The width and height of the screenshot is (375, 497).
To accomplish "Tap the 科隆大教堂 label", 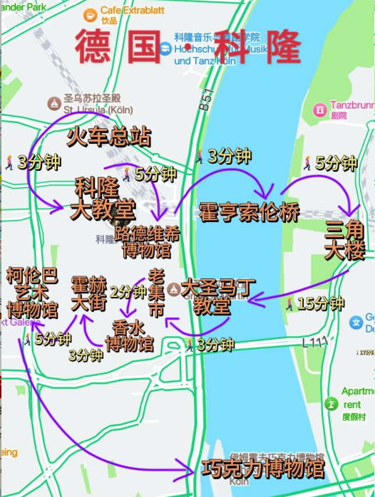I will click(104, 199).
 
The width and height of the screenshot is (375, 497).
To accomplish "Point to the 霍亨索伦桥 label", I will click(249, 211).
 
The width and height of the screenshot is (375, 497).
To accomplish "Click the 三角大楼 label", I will click(344, 241).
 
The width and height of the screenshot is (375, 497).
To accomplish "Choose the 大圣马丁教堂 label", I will click(217, 298).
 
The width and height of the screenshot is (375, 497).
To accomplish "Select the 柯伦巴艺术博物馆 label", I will click(31, 293).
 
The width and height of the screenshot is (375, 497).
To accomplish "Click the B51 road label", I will click(205, 105).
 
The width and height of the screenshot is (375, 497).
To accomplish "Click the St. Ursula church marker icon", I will click(54, 104).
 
